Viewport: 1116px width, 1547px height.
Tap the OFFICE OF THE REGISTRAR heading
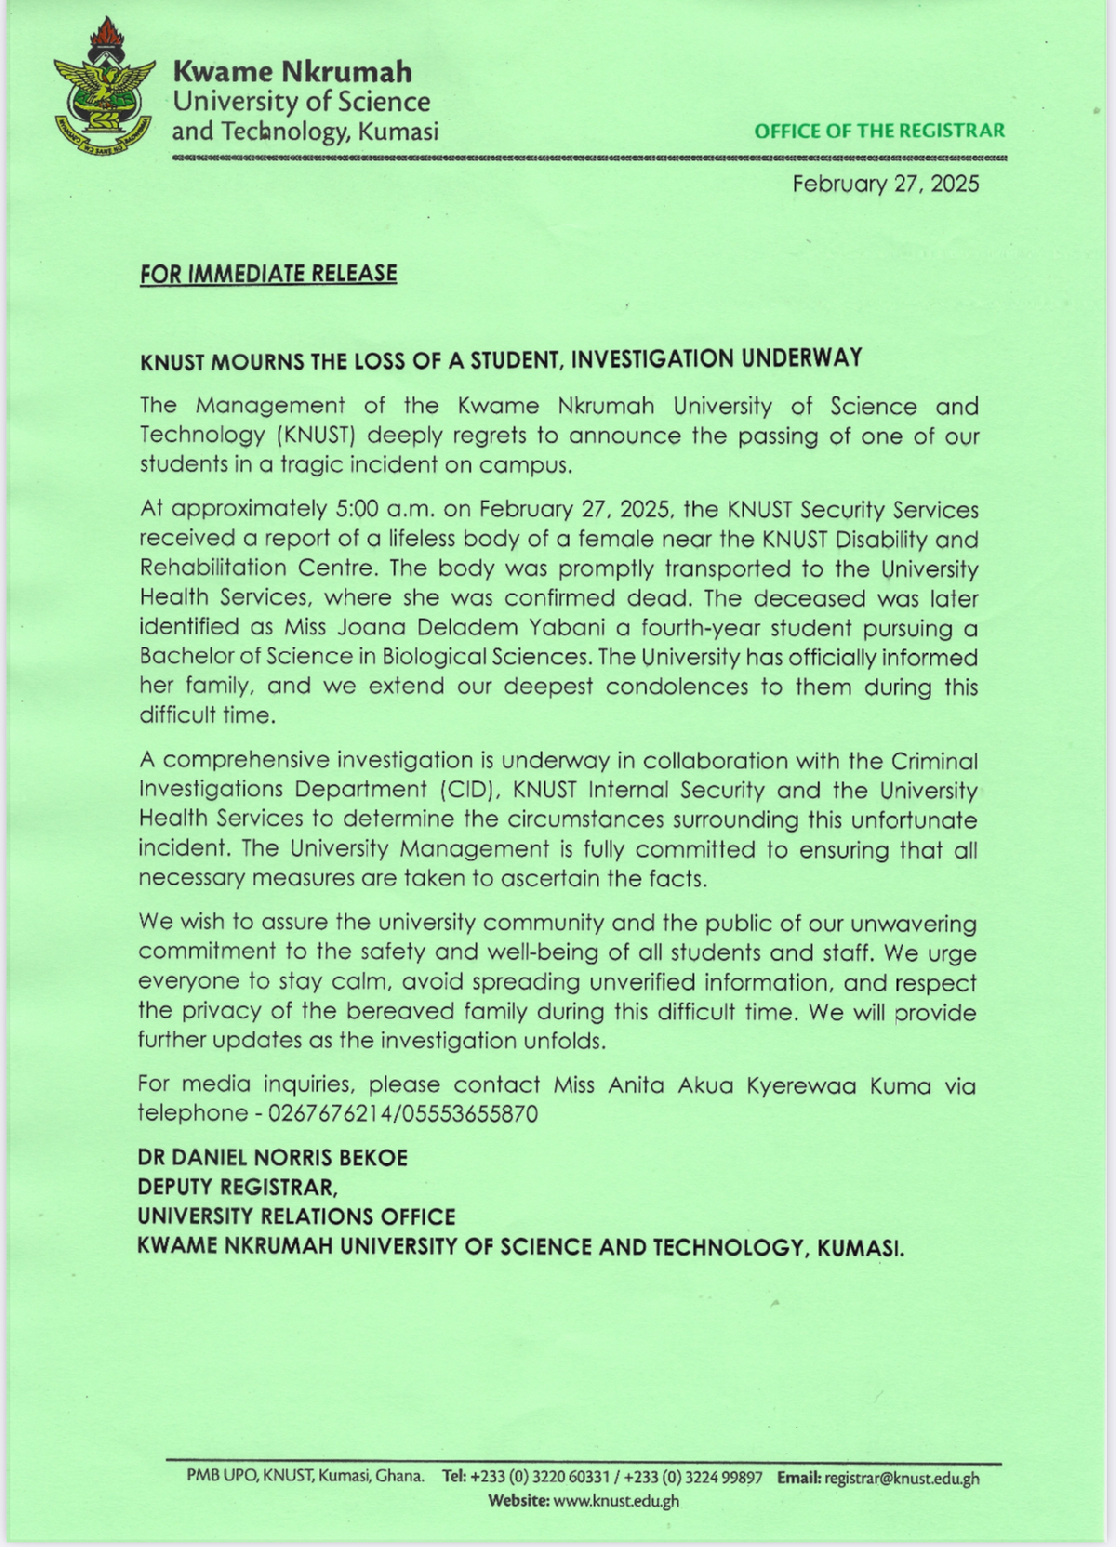tap(879, 131)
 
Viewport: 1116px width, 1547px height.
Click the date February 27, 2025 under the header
tap(885, 183)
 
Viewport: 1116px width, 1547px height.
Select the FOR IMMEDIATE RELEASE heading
tap(269, 273)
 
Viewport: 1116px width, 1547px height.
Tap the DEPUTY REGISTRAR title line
tap(237, 1187)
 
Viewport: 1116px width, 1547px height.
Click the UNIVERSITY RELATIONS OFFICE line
tap(297, 1217)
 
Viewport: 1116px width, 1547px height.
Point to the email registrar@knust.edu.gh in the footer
tap(900, 1477)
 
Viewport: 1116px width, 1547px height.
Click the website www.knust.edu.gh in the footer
tap(615, 1501)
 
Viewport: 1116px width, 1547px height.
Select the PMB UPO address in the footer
tap(306, 1476)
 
